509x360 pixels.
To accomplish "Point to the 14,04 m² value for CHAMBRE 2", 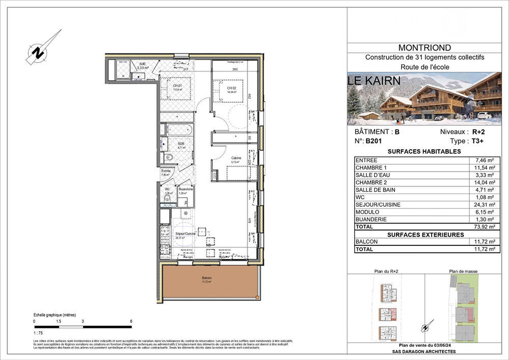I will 482,182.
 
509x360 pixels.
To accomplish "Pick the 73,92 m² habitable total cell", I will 481,227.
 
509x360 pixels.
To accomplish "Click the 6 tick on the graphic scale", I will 131,321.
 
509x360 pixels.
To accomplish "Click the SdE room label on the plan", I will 142,64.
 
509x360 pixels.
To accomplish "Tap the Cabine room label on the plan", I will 236,158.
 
